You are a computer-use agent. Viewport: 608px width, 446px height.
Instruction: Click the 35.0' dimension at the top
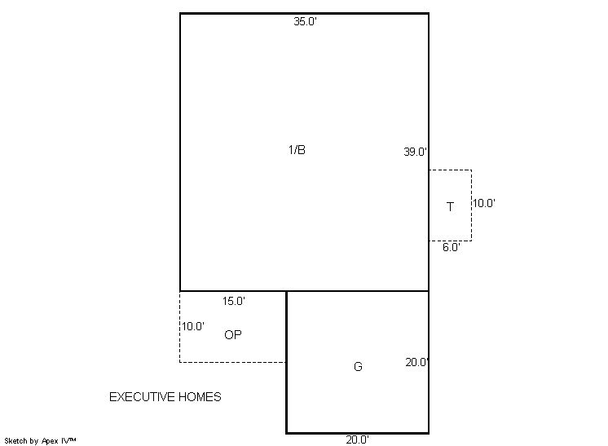click(x=305, y=22)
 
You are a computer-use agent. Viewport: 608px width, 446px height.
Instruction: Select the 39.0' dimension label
click(x=416, y=152)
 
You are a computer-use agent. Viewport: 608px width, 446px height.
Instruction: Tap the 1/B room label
click(x=297, y=150)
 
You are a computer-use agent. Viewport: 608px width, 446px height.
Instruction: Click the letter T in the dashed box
click(x=450, y=207)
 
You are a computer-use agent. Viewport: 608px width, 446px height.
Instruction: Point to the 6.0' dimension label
click(x=452, y=247)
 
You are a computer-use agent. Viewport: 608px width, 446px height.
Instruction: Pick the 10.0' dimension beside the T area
click(x=484, y=203)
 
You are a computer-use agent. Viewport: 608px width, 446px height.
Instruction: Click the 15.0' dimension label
click(x=233, y=301)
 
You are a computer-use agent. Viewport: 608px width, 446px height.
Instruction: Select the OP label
click(x=233, y=334)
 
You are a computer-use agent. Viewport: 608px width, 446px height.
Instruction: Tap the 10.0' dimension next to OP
click(x=193, y=326)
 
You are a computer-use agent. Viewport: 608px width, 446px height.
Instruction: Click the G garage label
click(x=358, y=366)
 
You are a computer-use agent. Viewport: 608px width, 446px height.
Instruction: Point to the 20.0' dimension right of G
click(x=416, y=362)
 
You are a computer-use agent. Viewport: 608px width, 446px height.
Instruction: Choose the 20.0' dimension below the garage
click(x=357, y=439)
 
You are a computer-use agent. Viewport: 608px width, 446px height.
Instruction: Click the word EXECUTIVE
click(x=142, y=397)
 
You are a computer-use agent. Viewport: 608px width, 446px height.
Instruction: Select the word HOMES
click(x=200, y=397)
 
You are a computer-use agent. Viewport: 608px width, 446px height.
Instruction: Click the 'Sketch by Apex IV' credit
click(x=40, y=441)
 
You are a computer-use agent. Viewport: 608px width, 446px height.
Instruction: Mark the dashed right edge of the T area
click(x=472, y=205)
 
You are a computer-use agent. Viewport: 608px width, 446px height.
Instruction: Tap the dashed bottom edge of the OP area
click(x=232, y=362)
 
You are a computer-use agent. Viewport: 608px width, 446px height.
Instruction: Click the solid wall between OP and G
click(x=286, y=326)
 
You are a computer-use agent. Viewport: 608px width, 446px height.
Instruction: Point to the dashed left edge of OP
click(x=180, y=326)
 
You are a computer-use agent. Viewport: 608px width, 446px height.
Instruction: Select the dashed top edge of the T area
click(x=450, y=170)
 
